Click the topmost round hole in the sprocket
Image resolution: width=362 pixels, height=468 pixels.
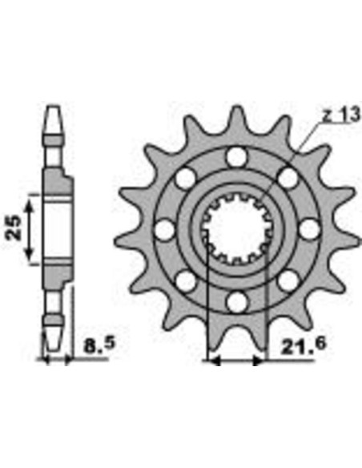pos(235,156)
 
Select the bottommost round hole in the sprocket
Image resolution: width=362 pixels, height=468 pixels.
pos(235,301)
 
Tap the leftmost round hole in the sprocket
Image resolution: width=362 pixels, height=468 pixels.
pos(164,229)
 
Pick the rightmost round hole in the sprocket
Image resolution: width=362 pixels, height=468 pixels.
pos(308,229)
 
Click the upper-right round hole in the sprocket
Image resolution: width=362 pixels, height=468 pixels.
pos(287,177)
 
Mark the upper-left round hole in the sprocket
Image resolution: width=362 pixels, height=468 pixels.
pos(185,177)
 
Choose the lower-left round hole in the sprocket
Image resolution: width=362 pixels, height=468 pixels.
pos(185,280)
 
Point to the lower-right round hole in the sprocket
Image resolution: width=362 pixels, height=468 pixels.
pos(287,280)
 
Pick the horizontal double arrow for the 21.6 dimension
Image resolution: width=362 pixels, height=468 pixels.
pos(235,361)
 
